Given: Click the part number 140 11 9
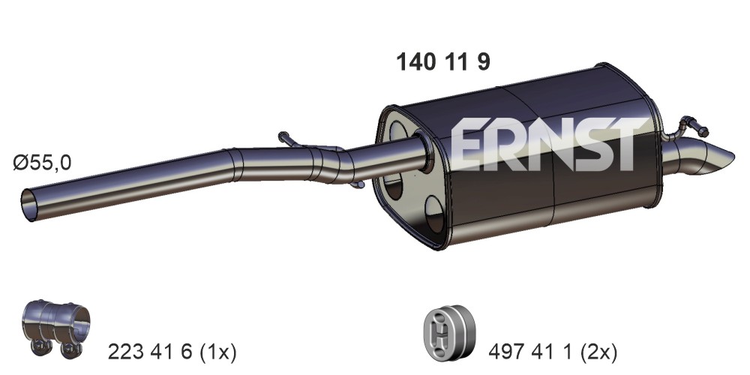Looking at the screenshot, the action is [x=443, y=62].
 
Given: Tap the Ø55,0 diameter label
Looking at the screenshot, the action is [x=42, y=163].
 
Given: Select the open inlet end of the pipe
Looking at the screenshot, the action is [x=29, y=205].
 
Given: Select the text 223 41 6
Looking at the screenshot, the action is [x=150, y=352].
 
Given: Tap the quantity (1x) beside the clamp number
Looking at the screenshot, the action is [x=217, y=352].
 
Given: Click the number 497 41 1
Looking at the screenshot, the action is [x=530, y=352].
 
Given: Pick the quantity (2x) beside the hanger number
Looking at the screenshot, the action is [x=598, y=352].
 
